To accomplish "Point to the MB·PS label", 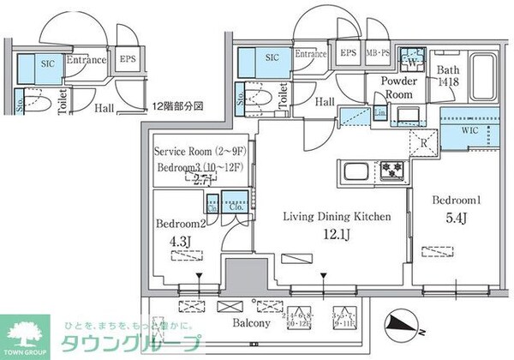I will [x=378, y=53].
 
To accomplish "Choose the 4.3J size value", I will [x=177, y=241].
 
